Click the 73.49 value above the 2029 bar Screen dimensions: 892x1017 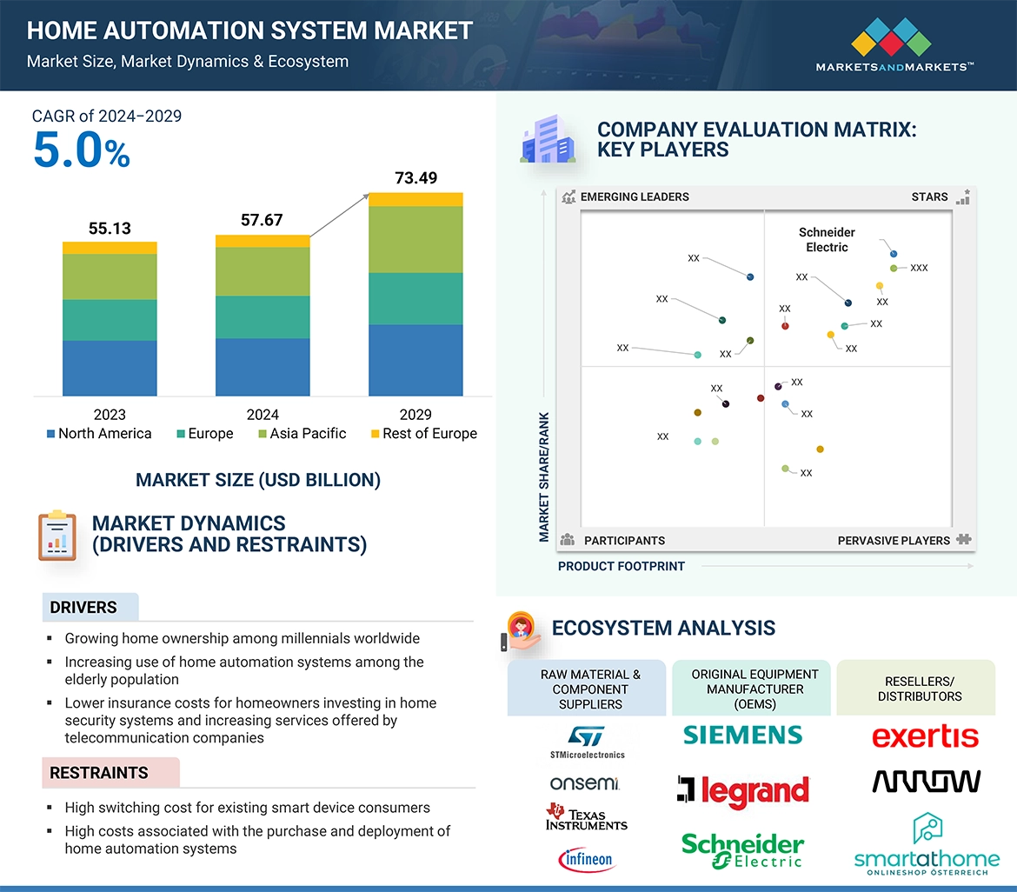point(415,178)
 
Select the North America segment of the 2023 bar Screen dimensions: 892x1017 point(110,368)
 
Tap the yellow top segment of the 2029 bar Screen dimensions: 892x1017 point(415,199)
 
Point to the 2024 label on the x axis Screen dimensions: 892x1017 point(263,415)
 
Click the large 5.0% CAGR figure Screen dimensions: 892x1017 point(82,150)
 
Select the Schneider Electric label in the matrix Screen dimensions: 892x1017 point(827,239)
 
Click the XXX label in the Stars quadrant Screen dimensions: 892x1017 point(919,268)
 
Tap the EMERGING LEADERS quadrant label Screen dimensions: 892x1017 point(634,196)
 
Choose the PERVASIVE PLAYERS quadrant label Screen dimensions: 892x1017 point(894,541)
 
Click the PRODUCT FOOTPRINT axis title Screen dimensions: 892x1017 point(621,566)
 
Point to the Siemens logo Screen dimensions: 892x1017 point(743,735)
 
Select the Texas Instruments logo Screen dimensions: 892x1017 point(586,817)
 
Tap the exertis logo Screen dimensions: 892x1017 point(925,737)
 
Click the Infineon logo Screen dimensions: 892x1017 point(586,860)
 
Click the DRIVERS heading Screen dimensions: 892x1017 point(83,608)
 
